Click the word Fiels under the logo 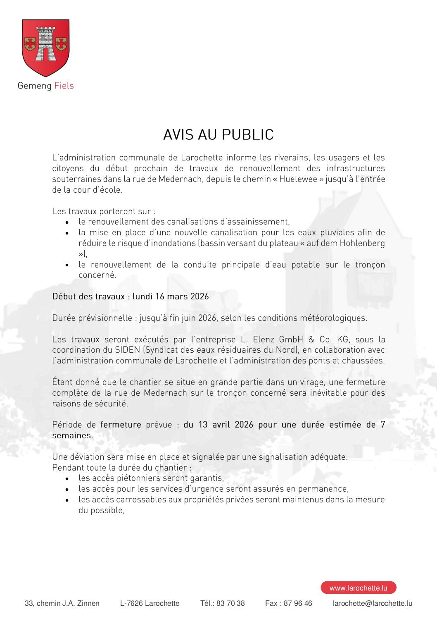(64, 86)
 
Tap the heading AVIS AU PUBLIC (218, 135)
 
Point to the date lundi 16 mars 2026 (171, 296)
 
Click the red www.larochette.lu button (358, 588)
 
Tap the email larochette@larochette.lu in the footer (372, 603)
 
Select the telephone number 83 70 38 (230, 603)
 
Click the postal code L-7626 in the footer (131, 603)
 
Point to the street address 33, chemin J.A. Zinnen (62, 603)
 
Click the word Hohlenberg (362, 243)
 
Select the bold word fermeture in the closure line (121, 425)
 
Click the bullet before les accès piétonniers (67, 479)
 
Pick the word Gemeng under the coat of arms (34, 86)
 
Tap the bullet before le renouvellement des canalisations (67, 222)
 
